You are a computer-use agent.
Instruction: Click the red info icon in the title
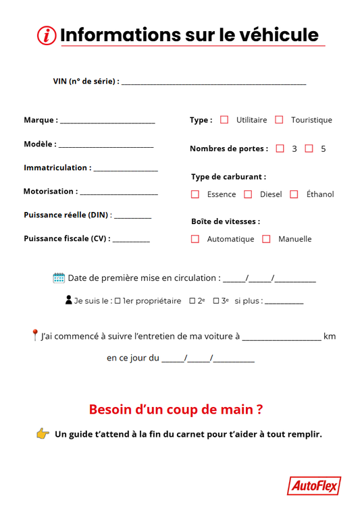coord(47,35)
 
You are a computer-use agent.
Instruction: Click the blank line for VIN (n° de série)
coord(213,83)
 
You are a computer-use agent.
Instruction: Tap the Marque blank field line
coord(107,122)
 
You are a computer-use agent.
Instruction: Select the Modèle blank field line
coord(106,146)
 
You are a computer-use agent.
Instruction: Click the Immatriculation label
coord(57,167)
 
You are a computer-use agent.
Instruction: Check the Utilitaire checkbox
coord(225,120)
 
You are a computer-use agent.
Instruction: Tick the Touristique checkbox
coord(279,120)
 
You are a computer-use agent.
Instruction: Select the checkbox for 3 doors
coord(280,149)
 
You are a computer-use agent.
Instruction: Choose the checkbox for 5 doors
coord(309,149)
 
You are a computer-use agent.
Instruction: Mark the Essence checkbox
coord(195,194)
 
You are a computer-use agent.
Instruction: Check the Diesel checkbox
coord(248,194)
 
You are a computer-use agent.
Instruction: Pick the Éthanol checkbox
coord(294,194)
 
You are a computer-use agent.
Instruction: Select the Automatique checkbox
coord(195,239)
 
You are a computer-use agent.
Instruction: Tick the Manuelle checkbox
coord(266,239)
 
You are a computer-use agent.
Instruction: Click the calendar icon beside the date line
coord(59,277)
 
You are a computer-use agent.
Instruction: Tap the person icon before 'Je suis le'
coord(69,300)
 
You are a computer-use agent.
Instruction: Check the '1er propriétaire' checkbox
coord(118,301)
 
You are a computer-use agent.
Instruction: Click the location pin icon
coord(35,335)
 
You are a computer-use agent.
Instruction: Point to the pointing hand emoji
coord(43,433)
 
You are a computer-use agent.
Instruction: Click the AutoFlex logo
coord(313,485)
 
